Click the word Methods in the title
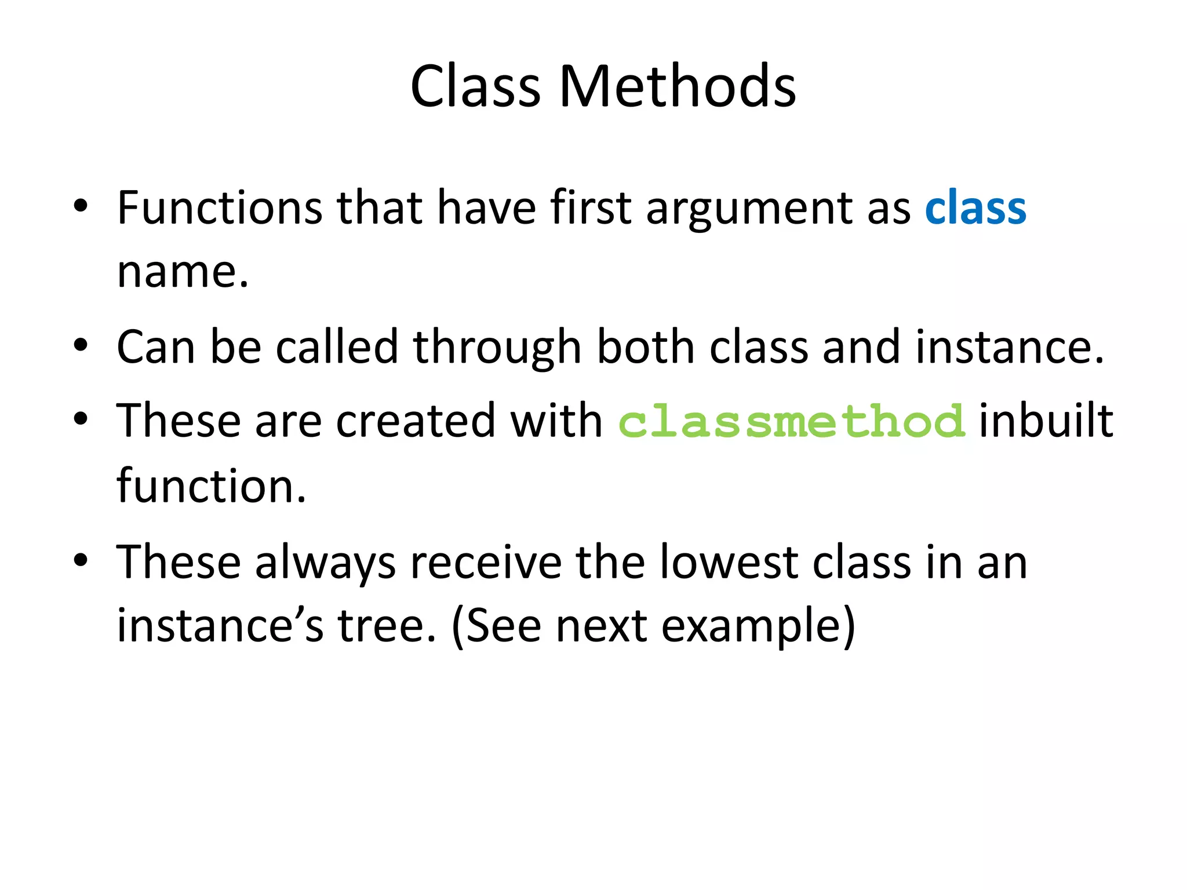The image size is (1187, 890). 677,87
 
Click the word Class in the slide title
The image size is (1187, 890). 475,87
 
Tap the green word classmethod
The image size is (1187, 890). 792,422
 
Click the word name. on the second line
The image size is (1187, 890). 183,272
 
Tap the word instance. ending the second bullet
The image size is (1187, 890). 1009,348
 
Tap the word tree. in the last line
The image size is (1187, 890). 387,626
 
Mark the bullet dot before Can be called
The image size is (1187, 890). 81,346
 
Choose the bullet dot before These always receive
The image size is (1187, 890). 81,560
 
